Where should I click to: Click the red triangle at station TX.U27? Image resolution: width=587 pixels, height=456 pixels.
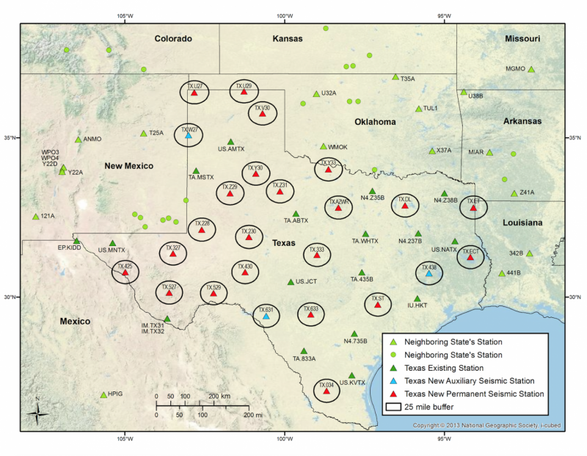click(x=194, y=93)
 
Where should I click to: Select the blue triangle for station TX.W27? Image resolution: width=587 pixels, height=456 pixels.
click(x=189, y=135)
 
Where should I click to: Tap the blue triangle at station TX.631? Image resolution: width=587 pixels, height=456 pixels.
click(x=266, y=316)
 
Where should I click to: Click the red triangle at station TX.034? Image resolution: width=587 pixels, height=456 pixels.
click(x=327, y=391)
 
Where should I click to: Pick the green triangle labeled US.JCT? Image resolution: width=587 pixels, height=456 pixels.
click(x=291, y=282)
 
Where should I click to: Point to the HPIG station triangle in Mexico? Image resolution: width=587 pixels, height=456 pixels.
click(x=103, y=394)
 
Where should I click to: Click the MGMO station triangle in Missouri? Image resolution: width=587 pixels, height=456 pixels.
click(x=531, y=69)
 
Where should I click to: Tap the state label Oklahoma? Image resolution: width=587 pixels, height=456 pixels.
click(x=375, y=122)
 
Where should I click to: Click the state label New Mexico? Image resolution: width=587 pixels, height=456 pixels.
click(x=128, y=166)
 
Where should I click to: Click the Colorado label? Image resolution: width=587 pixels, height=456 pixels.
click(x=172, y=38)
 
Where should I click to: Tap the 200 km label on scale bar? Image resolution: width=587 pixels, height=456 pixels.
click(x=218, y=396)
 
